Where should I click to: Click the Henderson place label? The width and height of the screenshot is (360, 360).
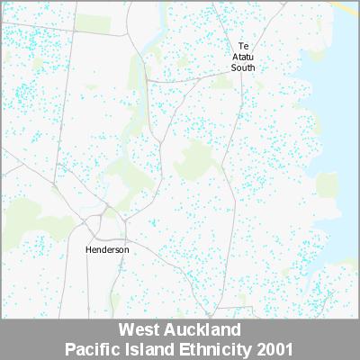pos(107,249)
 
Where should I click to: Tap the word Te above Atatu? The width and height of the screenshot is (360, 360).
pos(243,46)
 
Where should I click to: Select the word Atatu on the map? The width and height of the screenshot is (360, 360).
pos(243,57)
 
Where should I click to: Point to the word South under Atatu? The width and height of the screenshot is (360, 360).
pos(243,67)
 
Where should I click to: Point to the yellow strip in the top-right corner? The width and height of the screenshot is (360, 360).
pos(346,9)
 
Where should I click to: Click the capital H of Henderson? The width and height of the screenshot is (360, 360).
pos(88,249)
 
